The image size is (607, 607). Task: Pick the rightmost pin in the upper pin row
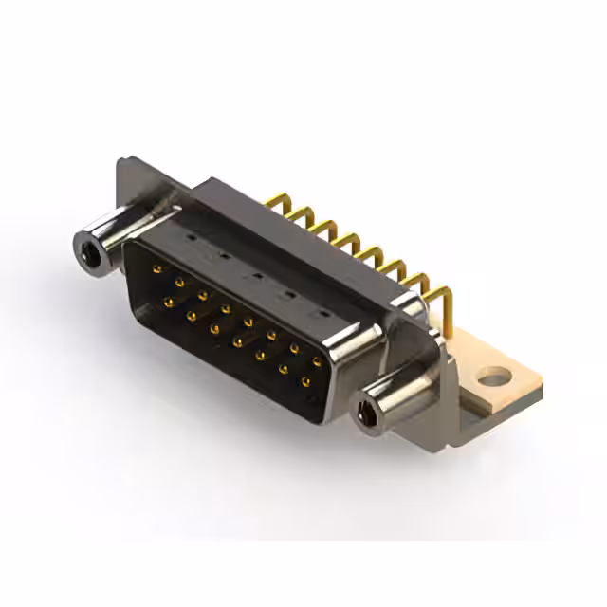318,361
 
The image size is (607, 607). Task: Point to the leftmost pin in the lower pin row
169,303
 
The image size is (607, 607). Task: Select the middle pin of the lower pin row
237,342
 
